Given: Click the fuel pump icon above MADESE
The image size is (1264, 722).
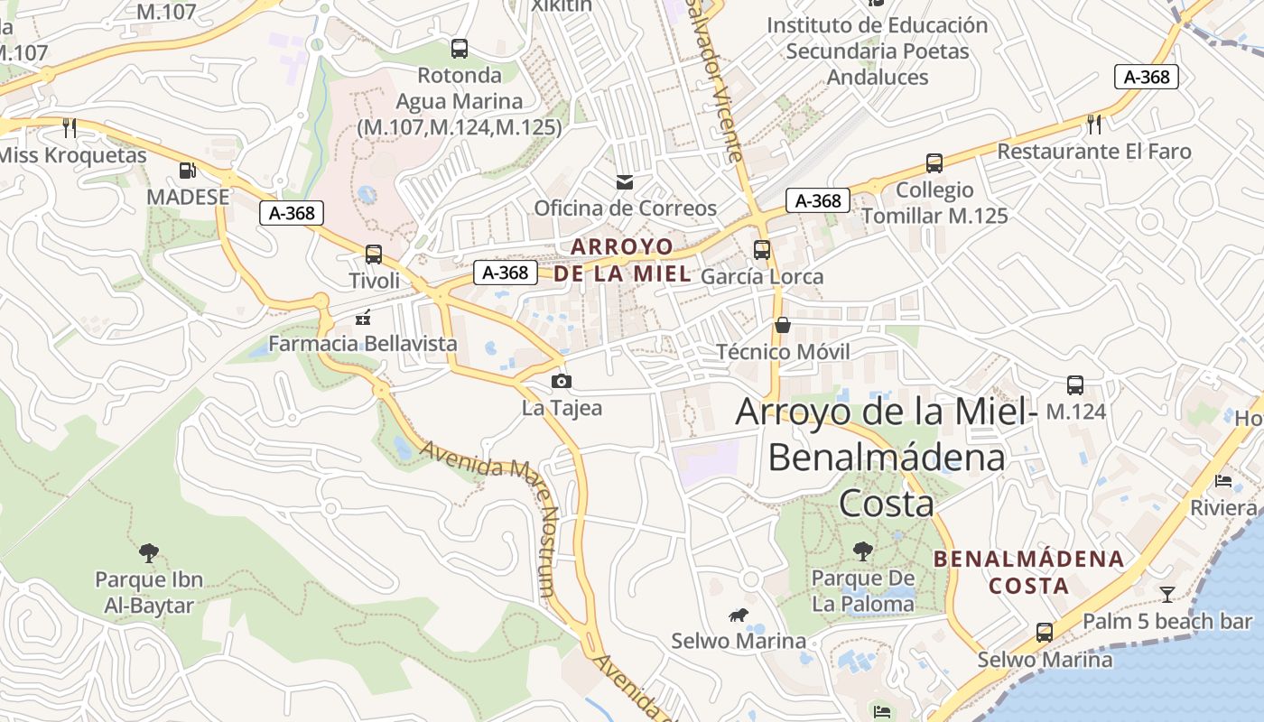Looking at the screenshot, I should point(188,170).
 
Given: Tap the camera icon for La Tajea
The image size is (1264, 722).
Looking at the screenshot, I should point(561,381).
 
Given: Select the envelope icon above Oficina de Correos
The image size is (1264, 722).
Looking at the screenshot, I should point(624,182).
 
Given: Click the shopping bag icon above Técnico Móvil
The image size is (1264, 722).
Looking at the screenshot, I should point(782,325).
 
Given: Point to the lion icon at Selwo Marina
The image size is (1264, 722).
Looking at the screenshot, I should point(738,616).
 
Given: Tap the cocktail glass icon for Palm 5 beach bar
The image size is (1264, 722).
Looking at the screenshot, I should point(1167,594).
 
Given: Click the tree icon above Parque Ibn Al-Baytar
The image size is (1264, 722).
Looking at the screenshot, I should point(149,552).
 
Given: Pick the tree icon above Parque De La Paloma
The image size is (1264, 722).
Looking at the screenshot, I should point(863,551).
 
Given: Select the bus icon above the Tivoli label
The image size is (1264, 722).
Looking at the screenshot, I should point(374,255).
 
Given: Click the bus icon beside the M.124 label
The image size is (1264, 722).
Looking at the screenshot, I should point(1075,385).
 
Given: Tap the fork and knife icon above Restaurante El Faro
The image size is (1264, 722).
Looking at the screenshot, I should point(1094,124).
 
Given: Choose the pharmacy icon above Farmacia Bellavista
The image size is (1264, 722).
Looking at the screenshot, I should point(363,317).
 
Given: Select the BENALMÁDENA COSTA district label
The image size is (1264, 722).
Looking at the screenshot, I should point(1028,572).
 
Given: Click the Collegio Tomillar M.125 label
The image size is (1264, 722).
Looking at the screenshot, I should point(934,203).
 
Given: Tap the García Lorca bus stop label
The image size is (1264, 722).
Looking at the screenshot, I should point(762,276).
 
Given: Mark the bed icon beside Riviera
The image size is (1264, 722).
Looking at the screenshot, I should point(1223,481).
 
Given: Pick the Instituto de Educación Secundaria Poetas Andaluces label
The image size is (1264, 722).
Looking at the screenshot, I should point(878,51).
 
